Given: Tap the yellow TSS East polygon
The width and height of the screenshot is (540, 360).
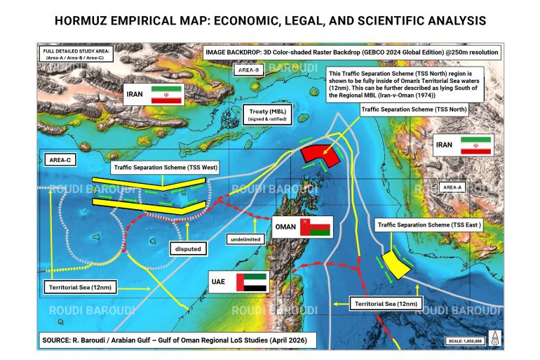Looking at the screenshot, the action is pyautogui.click(x=398, y=263).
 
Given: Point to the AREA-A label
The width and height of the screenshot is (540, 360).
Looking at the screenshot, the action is pyautogui.click(x=452, y=187).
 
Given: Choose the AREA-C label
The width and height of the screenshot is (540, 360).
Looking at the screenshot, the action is pyautogui.click(x=63, y=161).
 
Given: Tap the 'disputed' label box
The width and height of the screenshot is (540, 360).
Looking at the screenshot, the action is pyautogui.click(x=189, y=248).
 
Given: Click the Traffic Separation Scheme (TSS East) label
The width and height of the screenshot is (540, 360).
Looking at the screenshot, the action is pyautogui.click(x=428, y=225).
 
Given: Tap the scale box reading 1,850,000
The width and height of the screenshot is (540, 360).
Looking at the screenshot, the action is pyautogui.click(x=465, y=342).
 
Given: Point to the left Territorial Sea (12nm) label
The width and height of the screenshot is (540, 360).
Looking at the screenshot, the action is pyautogui.click(x=80, y=288).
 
